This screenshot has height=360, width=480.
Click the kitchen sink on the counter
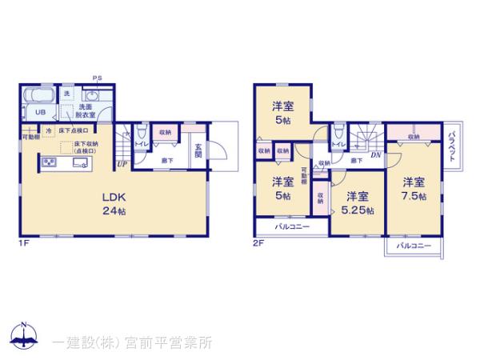click(x=80, y=162)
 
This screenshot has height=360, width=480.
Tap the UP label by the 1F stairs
click(x=121, y=165)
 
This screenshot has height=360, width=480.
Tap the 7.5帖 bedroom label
click(x=413, y=188)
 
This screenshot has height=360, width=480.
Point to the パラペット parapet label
click(x=452, y=146)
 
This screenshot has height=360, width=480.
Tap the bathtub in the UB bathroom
click(x=37, y=95)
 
